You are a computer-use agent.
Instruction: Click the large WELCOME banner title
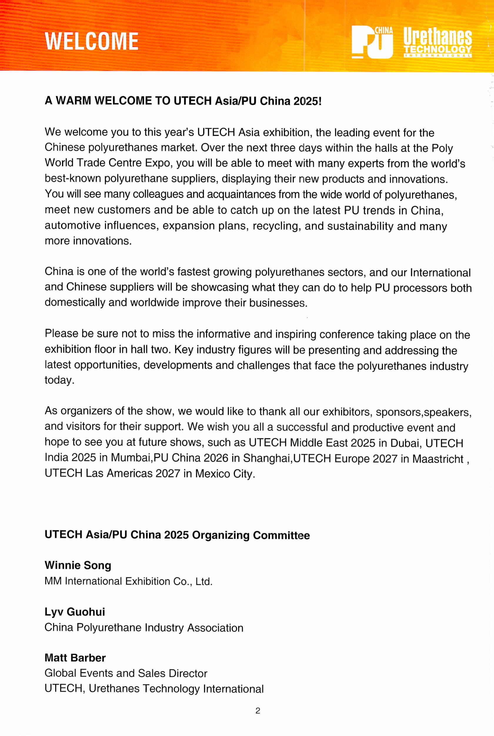(91, 41)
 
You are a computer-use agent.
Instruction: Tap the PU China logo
(372, 42)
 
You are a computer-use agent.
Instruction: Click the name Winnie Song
(78, 565)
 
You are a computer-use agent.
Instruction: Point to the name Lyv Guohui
(75, 612)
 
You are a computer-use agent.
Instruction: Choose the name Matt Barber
(75, 658)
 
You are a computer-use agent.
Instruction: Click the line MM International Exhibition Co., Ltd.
(128, 581)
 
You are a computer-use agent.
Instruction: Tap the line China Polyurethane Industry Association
(144, 628)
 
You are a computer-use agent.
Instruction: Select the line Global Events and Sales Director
(126, 673)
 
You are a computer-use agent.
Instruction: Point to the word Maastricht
(438, 459)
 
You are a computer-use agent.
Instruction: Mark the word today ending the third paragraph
(59, 380)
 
